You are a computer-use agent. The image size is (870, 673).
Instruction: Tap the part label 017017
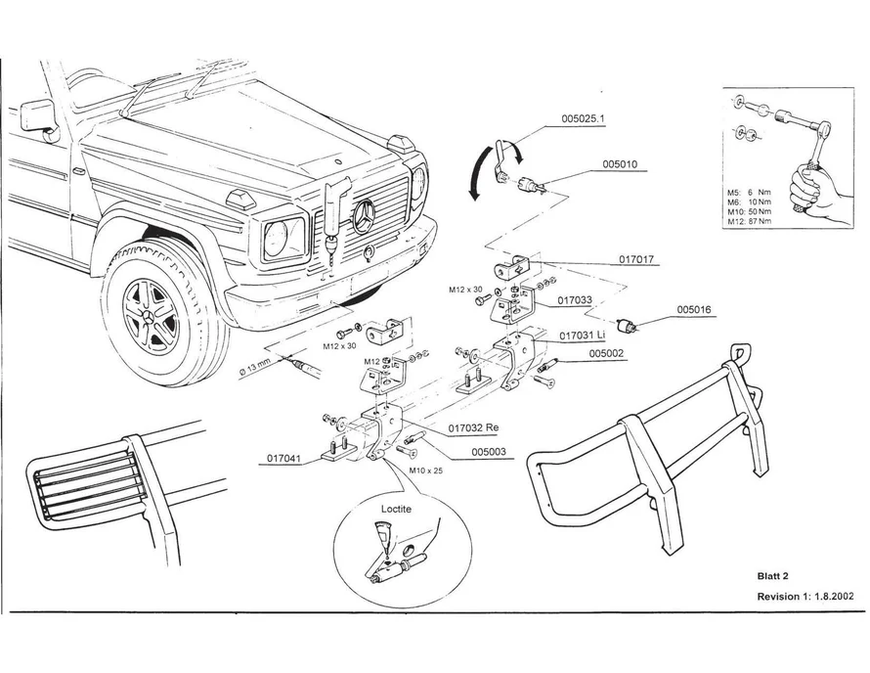pos(636,261)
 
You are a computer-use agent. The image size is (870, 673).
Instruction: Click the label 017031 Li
pos(589,335)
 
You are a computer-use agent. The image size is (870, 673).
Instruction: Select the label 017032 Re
pos(474,426)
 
